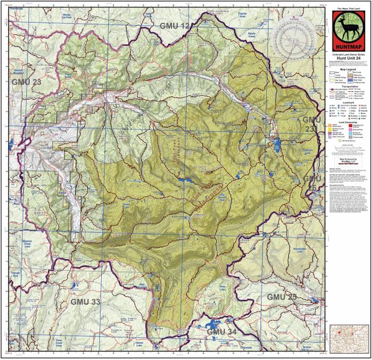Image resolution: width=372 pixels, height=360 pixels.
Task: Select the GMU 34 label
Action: [221, 333]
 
